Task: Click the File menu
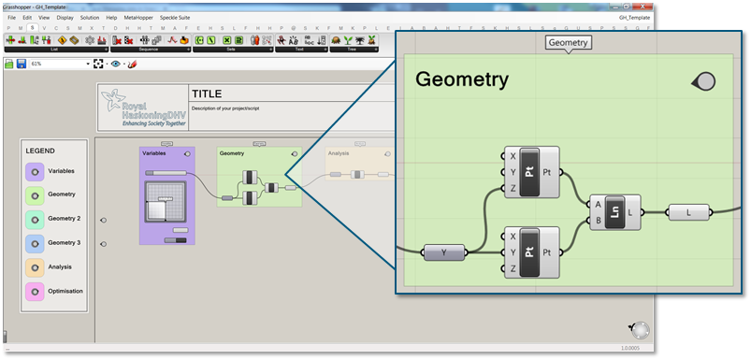point(12,17)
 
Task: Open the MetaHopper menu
point(137,17)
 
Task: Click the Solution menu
point(90,17)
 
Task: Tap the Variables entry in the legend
point(61,171)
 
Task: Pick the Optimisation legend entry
point(65,292)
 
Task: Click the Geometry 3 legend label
point(64,243)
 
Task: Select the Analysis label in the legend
point(60,267)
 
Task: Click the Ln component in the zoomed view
point(615,212)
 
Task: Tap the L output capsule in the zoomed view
point(688,212)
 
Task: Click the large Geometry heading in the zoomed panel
point(461,79)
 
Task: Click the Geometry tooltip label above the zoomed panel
point(569,43)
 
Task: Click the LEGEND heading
point(40,151)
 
